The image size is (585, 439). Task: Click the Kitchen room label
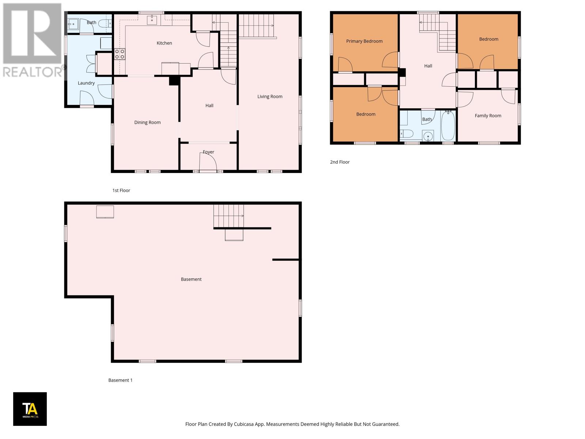click(164, 43)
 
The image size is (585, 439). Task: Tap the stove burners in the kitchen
click(120, 54)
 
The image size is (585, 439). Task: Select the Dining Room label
click(147, 123)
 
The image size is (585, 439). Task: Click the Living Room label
click(270, 97)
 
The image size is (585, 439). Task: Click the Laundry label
click(86, 83)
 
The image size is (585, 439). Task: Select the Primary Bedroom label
click(364, 41)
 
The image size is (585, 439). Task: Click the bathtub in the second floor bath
click(448, 126)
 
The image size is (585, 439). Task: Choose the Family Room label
click(488, 116)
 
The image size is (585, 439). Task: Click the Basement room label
click(191, 279)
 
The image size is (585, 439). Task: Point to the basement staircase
click(229, 216)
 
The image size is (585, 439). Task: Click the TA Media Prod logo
click(30, 409)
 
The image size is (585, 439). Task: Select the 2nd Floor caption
click(340, 162)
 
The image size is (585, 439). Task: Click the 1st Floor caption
click(121, 191)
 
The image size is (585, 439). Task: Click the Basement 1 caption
click(120, 380)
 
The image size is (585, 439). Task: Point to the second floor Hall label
click(428, 66)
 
